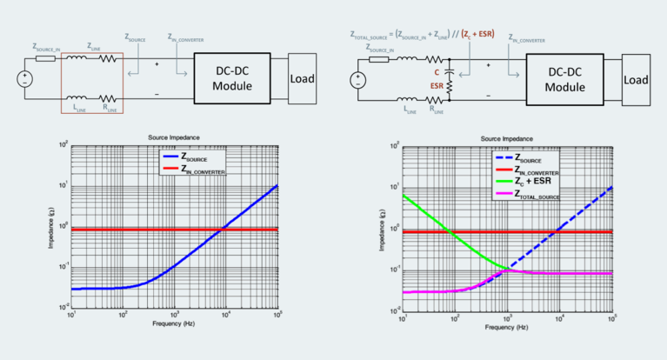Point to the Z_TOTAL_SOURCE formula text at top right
click(422, 37)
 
